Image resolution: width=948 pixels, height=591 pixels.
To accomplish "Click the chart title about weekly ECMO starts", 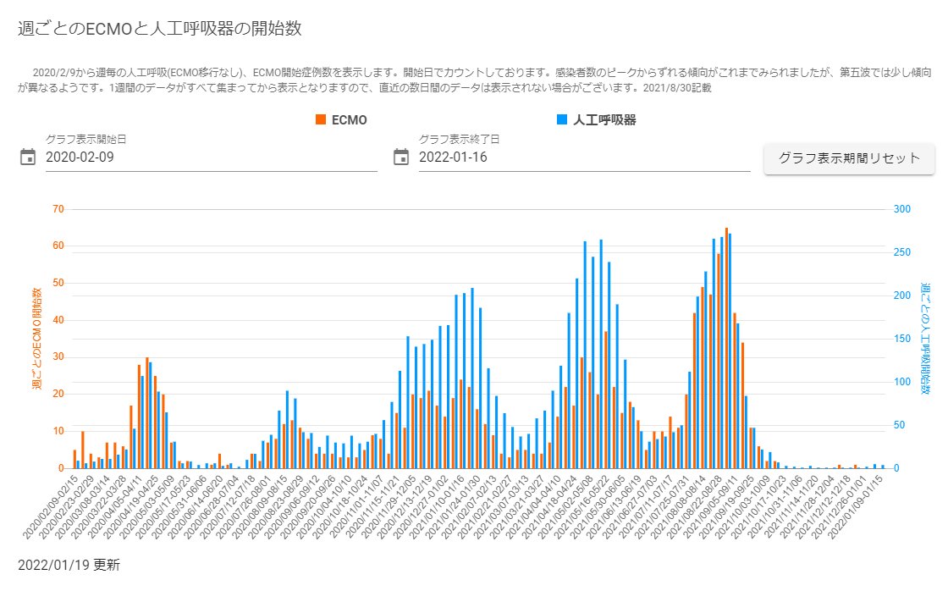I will pyautogui.click(x=160, y=29).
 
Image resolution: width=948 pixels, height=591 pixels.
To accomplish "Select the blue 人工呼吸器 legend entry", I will pyautogui.click(x=597, y=120).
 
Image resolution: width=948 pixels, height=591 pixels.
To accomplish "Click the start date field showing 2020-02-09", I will pyautogui.click(x=211, y=157).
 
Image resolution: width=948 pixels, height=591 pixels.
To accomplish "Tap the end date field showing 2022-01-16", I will pyautogui.click(x=584, y=157).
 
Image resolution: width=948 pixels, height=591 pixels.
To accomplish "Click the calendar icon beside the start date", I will pyautogui.click(x=28, y=157).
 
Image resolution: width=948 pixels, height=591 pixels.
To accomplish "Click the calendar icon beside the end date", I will pyautogui.click(x=401, y=157).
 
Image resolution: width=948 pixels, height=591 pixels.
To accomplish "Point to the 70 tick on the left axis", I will pyautogui.click(x=58, y=209).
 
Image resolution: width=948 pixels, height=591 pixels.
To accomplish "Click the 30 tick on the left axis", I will pyautogui.click(x=58, y=357).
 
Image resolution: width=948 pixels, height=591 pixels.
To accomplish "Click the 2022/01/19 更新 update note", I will pyautogui.click(x=69, y=564).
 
